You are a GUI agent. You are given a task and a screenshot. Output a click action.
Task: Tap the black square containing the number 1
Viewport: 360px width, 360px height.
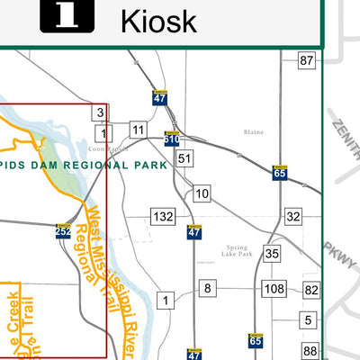[x=67, y=15]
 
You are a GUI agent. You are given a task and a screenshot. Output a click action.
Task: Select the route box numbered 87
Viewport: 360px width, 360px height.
[x=308, y=61]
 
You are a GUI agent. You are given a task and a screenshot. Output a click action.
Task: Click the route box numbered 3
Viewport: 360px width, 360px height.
[x=100, y=112]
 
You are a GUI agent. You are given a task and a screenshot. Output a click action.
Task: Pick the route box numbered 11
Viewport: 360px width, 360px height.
[x=137, y=130]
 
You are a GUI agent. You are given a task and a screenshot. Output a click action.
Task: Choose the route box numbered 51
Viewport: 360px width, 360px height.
[x=184, y=159]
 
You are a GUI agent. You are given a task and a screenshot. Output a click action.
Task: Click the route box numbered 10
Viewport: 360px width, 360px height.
[x=202, y=193]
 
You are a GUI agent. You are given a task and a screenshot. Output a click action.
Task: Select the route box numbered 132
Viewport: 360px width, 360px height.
[x=163, y=217]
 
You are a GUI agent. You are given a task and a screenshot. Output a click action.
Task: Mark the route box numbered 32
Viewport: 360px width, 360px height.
[x=293, y=217]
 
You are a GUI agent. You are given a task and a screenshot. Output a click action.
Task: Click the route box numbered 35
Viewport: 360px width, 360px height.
[x=273, y=254]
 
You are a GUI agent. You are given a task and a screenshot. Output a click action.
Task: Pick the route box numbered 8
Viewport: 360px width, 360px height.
[x=208, y=288]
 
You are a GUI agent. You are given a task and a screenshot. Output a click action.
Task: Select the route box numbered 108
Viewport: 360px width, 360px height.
[x=274, y=289]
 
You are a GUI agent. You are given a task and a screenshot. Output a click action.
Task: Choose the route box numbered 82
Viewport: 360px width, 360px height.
[x=311, y=289]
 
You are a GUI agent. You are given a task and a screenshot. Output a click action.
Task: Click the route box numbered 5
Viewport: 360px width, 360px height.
[x=308, y=320]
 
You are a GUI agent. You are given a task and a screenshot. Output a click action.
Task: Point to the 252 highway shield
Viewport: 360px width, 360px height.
[x=63, y=231]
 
